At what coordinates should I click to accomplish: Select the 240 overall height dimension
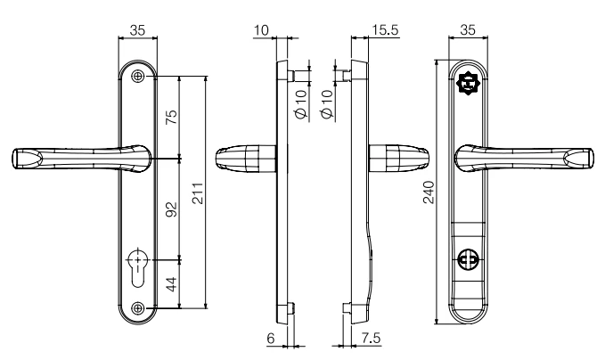428,192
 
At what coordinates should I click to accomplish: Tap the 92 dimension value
172,209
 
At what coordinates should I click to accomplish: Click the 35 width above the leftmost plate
138,29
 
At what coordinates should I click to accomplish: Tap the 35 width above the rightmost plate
467,29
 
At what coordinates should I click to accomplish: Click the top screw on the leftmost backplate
137,78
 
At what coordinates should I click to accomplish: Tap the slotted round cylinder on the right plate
467,260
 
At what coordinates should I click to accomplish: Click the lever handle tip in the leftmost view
21,160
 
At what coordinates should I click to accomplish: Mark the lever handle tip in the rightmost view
583,160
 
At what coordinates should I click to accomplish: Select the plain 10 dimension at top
260,29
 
